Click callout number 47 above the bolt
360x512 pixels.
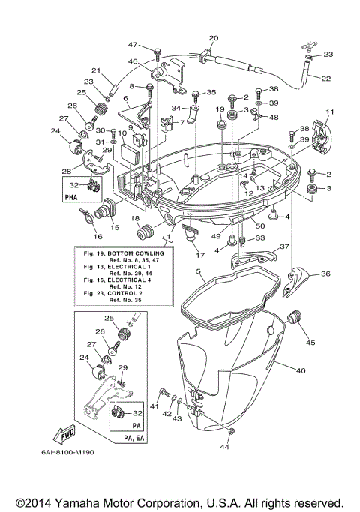tap(133, 45)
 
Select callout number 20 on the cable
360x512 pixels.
tap(213, 38)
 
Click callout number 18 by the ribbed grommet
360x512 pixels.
tap(136, 218)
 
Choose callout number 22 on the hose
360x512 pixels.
tap(325, 78)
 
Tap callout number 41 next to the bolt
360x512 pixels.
tap(154, 406)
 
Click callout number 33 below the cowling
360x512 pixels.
tap(261, 238)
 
